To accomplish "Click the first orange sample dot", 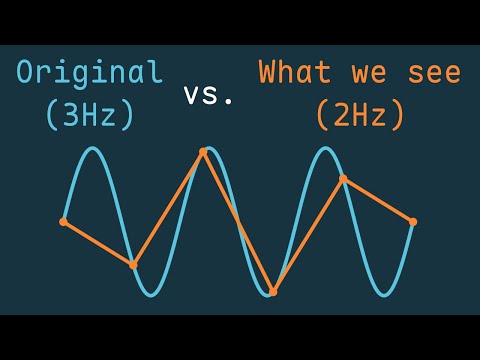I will (x=63, y=222).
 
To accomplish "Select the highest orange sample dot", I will (x=203, y=152).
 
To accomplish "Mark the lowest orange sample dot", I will (x=273, y=292).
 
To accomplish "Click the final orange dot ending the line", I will (x=413, y=222).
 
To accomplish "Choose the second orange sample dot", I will (x=133, y=265).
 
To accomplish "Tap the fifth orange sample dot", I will (x=343, y=179).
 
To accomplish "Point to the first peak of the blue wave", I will (x=92, y=148).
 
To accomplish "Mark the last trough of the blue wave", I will (x=383, y=295).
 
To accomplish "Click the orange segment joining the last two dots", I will (x=378, y=200).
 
